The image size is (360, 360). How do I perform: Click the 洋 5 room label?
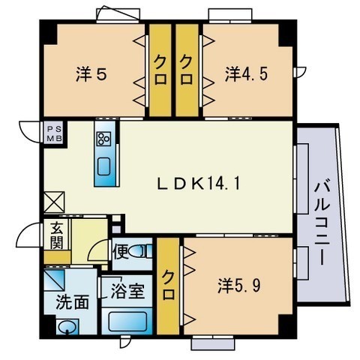coord(91,74)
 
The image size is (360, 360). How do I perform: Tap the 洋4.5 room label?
coord(247,74)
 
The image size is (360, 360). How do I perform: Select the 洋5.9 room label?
coord(239,286)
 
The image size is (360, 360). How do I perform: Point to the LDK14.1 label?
coord(199,184)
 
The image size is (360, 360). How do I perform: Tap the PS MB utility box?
coord(55,133)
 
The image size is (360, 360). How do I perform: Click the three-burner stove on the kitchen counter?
coord(104,139)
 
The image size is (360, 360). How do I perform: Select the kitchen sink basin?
coord(104,166)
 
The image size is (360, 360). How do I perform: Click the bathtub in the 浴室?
coord(127,322)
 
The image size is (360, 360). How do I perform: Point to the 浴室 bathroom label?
coord(127,292)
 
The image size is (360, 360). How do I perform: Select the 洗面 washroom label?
coord(72,302)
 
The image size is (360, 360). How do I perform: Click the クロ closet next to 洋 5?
coord(160,70)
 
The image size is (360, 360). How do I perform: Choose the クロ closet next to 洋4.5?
coord(187,70)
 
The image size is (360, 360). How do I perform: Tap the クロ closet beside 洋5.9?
coord(168,286)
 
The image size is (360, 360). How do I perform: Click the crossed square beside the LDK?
coord(55,202)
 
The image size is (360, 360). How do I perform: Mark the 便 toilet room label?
coord(121,252)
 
